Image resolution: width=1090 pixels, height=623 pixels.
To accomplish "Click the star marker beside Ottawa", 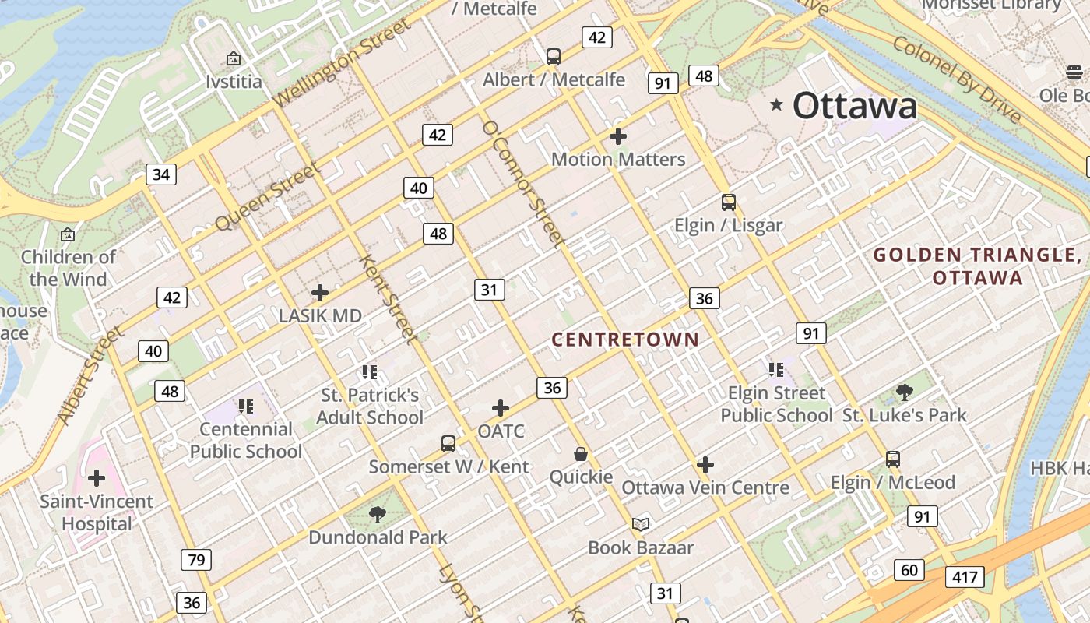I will pos(776,104).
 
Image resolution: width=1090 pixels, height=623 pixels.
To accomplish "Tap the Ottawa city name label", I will pos(855,106).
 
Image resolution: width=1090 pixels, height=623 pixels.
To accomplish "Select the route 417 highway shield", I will pos(965,577).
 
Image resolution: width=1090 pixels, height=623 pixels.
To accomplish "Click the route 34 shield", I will pos(161,174).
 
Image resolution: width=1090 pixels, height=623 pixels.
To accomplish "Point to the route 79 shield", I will pos(195,559).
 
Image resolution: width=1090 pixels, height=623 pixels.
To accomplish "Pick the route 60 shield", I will pos(909,570).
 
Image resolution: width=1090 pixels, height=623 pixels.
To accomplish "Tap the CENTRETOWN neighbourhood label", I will pos(626,340).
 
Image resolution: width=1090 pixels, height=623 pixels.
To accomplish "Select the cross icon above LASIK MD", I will pos(319,293).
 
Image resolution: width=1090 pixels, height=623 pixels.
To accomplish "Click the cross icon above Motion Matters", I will pos(618,136).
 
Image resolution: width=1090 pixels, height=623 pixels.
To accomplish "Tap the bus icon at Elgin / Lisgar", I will pos(729,202).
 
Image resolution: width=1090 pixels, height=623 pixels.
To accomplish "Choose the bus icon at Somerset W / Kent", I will pos(448,444).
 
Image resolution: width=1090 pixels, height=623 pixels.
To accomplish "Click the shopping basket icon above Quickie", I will pos(581,454).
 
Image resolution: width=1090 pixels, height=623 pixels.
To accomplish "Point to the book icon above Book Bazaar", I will pos(641,525).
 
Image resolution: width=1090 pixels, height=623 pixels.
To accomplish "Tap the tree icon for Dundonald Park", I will pos(378,514).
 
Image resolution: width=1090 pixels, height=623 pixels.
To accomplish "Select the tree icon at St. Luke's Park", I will pos(904,392).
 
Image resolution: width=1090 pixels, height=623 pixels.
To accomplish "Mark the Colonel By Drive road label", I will pos(957,79).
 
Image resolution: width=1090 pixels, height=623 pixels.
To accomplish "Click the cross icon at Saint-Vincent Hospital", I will pos(97,477).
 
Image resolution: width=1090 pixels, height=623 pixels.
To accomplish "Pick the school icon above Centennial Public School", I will pos(246,406).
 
